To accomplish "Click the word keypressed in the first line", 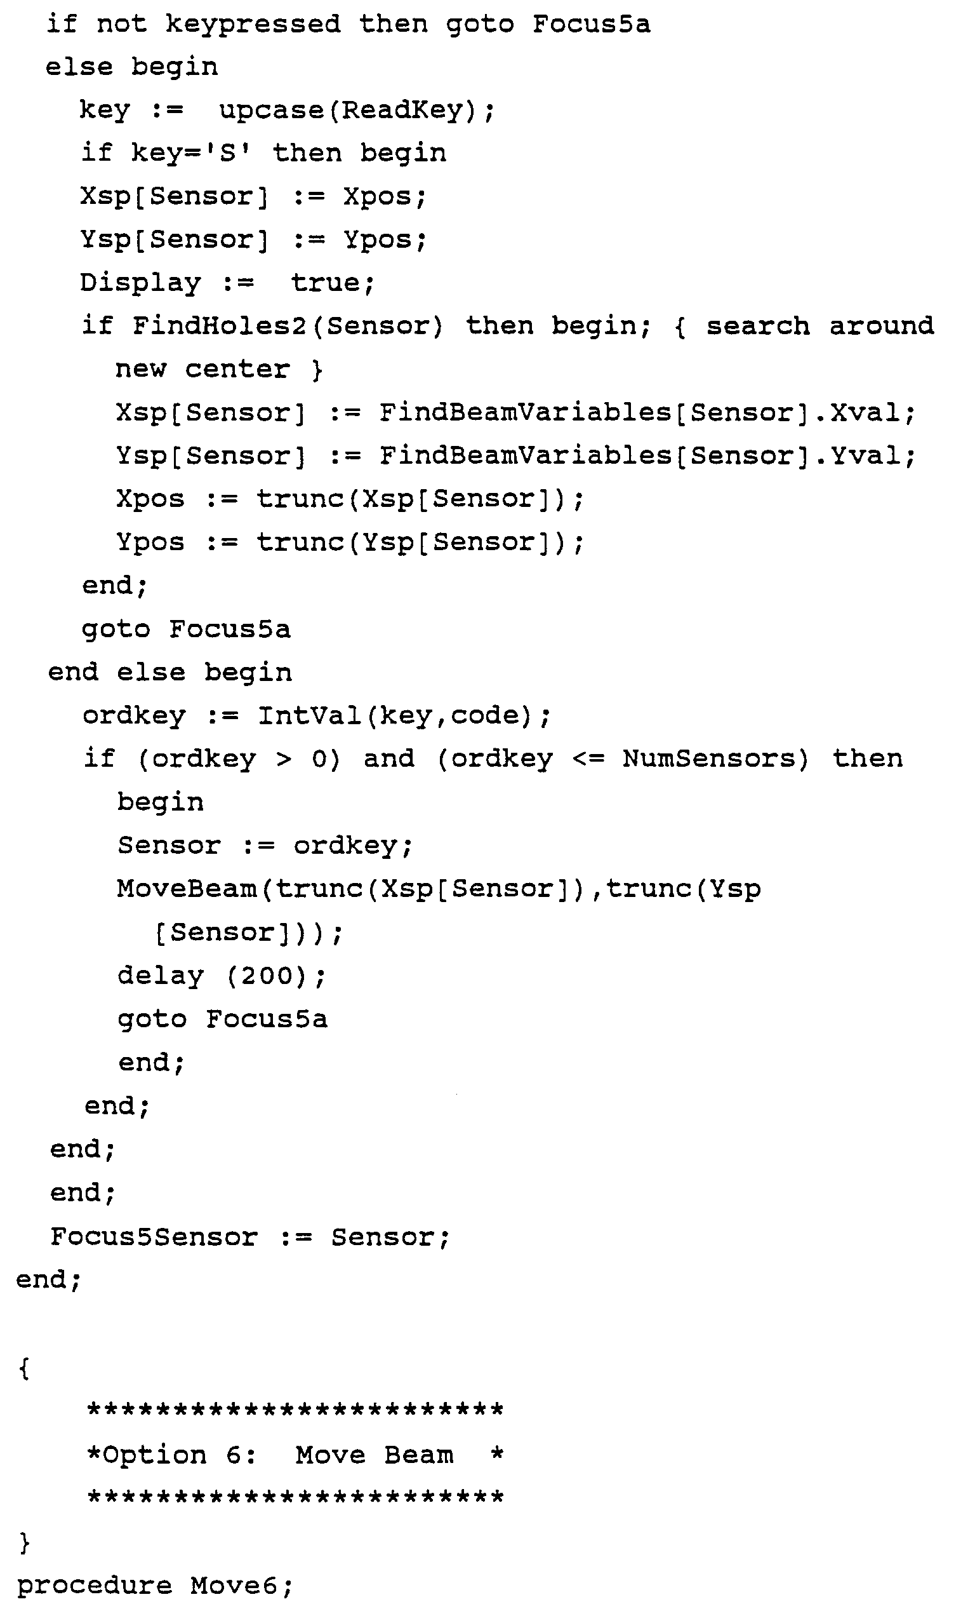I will pos(253,25).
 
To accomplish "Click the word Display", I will pos(140,283).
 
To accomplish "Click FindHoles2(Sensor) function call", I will pos(288,326).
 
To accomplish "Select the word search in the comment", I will pos(757,326).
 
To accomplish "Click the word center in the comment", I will pos(237,370).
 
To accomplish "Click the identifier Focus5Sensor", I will pos(154,1236).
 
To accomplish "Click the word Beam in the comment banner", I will pos(418,1455).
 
